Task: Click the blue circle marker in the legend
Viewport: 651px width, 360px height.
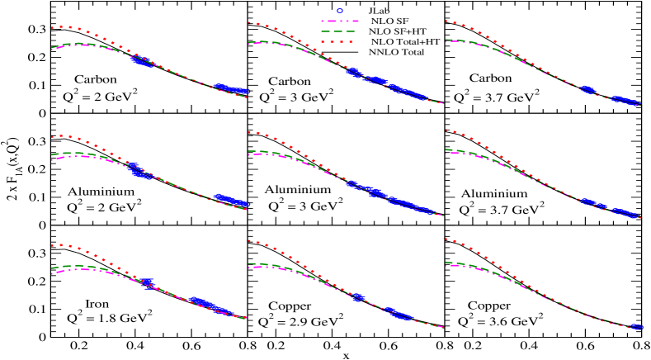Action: (x=339, y=11)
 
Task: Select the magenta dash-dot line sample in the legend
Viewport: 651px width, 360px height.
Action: (x=339, y=21)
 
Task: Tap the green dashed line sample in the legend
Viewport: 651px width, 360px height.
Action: (x=339, y=31)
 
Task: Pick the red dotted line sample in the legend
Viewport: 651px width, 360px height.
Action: (x=339, y=41)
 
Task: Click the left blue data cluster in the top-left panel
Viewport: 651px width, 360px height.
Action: (x=142, y=61)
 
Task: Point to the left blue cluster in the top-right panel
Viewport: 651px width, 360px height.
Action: (x=588, y=89)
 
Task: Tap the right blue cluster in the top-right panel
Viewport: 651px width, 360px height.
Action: (x=625, y=101)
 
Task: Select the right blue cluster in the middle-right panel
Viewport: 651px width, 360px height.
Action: (x=625, y=213)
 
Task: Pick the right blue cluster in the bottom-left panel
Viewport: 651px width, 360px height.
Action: (x=205, y=305)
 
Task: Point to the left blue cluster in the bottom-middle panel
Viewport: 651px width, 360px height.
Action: (x=357, y=296)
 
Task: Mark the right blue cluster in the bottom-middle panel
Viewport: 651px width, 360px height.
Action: (x=396, y=313)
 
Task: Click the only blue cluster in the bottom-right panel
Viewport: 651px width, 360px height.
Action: (x=635, y=327)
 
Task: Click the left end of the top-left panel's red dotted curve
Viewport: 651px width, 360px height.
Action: (x=52, y=27)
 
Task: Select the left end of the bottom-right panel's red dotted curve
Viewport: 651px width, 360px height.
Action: (x=446, y=239)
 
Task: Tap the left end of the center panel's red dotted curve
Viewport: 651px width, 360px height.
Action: (x=249, y=132)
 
